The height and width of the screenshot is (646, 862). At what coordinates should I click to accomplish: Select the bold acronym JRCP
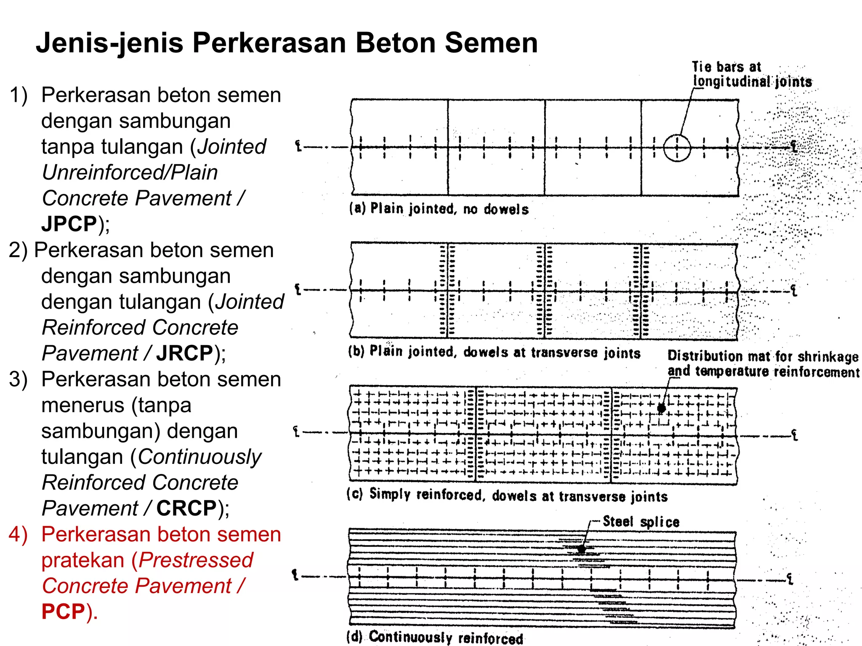click(184, 353)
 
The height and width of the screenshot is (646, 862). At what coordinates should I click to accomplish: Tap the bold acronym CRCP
click(186, 508)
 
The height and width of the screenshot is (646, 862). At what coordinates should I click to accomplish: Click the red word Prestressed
click(196, 560)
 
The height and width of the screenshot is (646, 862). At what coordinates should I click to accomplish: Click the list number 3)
click(18, 379)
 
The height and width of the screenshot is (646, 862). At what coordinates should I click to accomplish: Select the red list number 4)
click(18, 535)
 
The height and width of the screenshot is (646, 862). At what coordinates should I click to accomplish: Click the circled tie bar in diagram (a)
click(677, 148)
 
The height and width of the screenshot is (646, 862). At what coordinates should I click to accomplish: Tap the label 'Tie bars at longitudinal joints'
click(751, 74)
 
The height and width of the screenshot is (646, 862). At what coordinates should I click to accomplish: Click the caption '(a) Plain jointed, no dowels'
click(439, 209)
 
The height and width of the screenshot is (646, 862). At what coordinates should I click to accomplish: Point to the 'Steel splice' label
click(641, 522)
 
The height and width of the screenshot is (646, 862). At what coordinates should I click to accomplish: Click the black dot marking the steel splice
click(581, 549)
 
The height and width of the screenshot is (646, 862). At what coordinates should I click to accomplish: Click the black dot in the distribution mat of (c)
click(661, 408)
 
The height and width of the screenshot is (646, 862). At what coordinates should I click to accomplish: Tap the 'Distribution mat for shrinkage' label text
click(763, 357)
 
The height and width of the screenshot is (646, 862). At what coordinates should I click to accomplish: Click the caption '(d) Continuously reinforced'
click(434, 637)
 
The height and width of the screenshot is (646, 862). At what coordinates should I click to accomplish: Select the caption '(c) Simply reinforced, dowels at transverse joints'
click(507, 495)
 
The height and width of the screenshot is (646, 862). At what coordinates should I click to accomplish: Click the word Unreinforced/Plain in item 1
click(130, 172)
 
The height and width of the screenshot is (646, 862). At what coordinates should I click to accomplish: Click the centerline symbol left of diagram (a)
click(298, 146)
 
